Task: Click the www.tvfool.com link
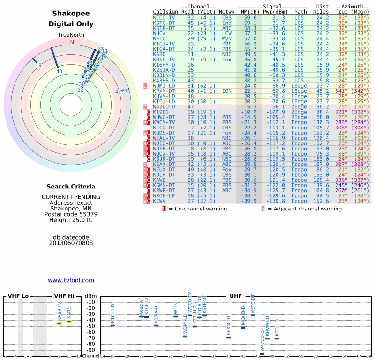point(71,280)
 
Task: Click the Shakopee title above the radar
point(71,14)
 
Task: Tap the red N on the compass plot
point(72,42)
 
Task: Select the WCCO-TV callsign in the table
point(164,17)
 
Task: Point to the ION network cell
point(227,90)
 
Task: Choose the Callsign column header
point(165,11)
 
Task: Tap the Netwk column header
point(227,11)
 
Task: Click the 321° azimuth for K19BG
point(341,112)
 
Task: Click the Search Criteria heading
point(71,187)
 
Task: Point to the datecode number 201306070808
point(71,243)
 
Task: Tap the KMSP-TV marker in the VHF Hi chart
point(60,323)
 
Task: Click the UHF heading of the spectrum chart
point(236,296)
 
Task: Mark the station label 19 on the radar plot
point(38,65)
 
